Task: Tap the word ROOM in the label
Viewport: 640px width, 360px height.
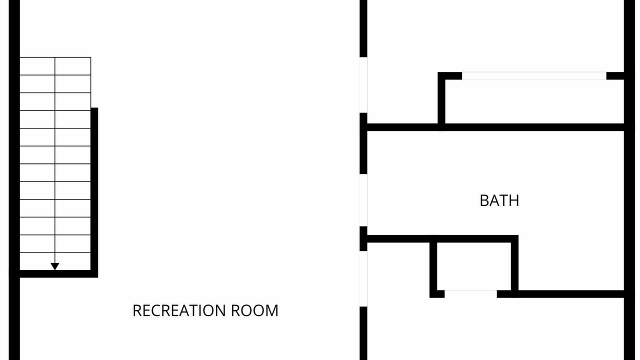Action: (x=254, y=310)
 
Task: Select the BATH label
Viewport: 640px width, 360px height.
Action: (x=499, y=200)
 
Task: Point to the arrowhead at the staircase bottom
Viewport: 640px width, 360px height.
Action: (x=55, y=266)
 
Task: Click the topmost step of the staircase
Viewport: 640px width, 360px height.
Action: (x=55, y=66)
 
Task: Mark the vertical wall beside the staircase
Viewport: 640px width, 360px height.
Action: (x=94, y=192)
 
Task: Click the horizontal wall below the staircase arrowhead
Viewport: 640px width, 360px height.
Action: (x=58, y=273)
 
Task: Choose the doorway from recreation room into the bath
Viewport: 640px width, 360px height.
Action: (x=363, y=200)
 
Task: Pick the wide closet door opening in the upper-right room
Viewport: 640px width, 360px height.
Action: (x=534, y=76)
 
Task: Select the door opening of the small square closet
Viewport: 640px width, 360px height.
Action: (x=470, y=294)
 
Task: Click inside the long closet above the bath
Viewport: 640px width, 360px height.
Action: (x=534, y=101)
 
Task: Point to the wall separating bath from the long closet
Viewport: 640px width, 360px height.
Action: (x=495, y=127)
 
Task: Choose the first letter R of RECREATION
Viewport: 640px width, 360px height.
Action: (x=137, y=310)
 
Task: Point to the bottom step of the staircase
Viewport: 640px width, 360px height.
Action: (x=55, y=261)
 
